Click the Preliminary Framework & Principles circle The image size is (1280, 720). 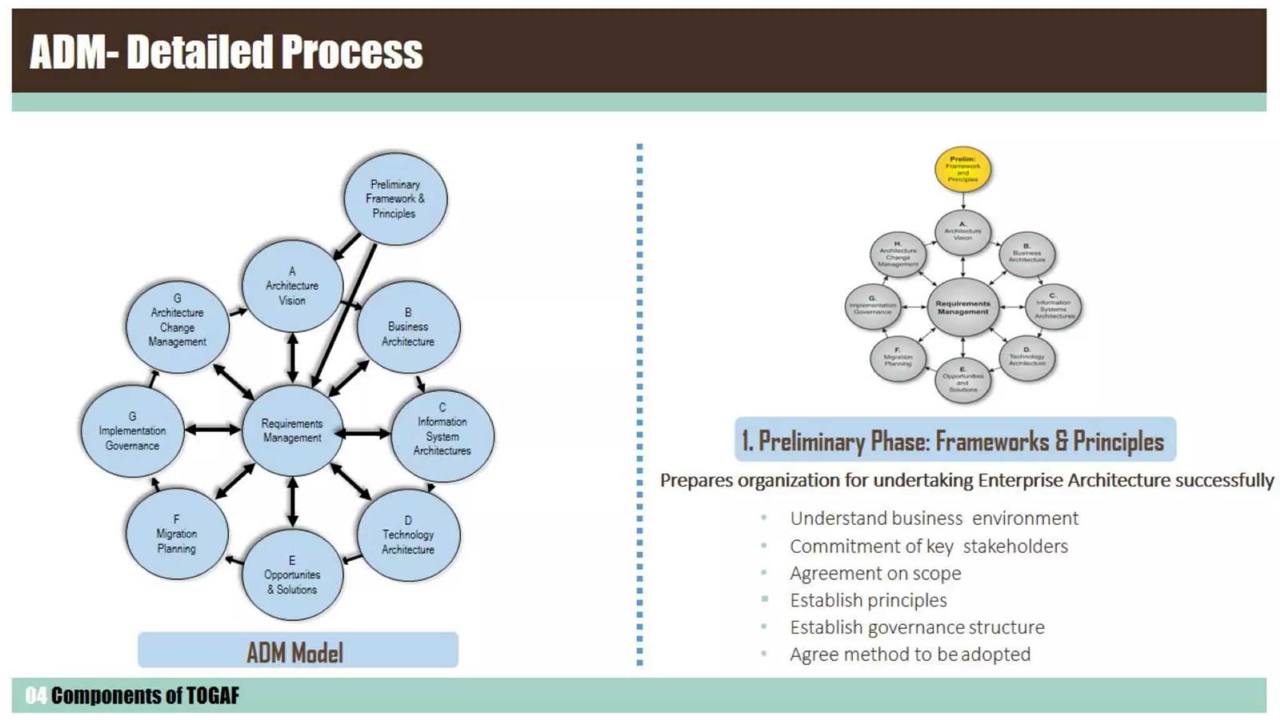pyautogui.click(x=395, y=199)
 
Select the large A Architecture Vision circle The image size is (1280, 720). pyautogui.click(x=292, y=286)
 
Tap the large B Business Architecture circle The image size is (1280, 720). pyautogui.click(x=408, y=327)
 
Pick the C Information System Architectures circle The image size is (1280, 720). pyautogui.click(x=442, y=436)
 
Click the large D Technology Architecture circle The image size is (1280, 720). pyautogui.click(x=408, y=535)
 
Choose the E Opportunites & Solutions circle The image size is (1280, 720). pyautogui.click(x=292, y=575)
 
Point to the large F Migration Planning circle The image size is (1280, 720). pyautogui.click(x=177, y=534)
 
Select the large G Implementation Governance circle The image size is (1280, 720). pyautogui.click(x=132, y=431)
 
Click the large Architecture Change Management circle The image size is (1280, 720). pyautogui.click(x=177, y=326)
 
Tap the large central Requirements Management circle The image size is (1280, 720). pyautogui.click(x=292, y=431)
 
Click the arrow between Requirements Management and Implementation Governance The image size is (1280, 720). pyautogui.click(x=212, y=429)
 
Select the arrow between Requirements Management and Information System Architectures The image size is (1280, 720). pyautogui.click(x=364, y=433)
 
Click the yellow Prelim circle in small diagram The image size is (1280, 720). pyautogui.click(x=962, y=169)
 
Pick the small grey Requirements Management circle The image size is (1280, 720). pyautogui.click(x=962, y=307)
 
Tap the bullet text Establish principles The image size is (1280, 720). pyautogui.click(x=868, y=600)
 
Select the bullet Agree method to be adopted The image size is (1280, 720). pyautogui.click(x=910, y=654)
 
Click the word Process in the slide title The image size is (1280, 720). pyautogui.click(x=352, y=52)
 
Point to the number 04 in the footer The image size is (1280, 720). pyautogui.click(x=36, y=696)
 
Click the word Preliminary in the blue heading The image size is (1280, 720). pyautogui.click(x=812, y=441)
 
